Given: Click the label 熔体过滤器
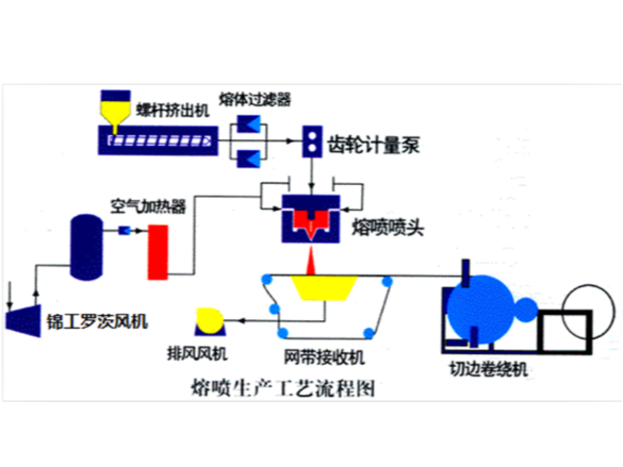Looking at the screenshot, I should pos(256,98).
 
